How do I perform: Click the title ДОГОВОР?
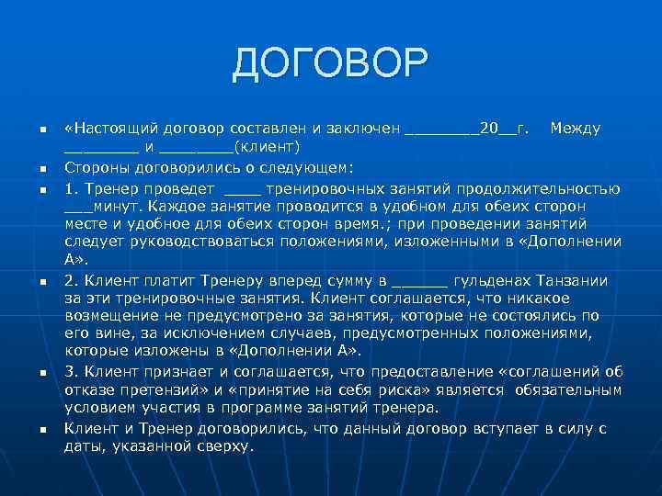(330, 63)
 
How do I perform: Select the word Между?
(575, 127)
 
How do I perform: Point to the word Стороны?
(99, 166)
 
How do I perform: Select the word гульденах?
(496, 281)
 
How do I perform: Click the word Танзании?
(579, 281)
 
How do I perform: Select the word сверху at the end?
(220, 445)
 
